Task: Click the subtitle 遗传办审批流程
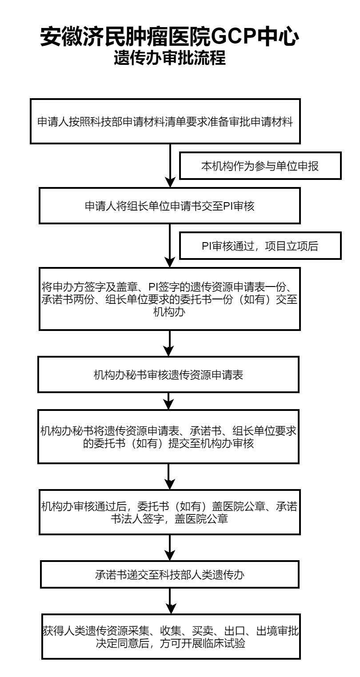(169, 59)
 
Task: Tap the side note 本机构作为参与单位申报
(261, 166)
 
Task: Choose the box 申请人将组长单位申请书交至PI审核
(169, 206)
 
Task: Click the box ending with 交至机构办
(169, 298)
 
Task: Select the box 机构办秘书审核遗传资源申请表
(169, 375)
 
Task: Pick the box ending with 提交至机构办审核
(169, 437)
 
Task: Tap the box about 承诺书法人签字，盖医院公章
(169, 512)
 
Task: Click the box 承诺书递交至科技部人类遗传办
(169, 576)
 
